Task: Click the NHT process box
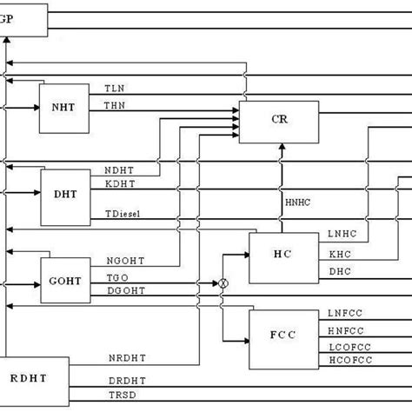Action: tap(62, 108)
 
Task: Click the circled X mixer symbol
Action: tap(223, 284)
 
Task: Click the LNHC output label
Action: tap(342, 235)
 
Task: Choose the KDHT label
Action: tap(119, 184)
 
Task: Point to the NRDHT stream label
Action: tap(123, 358)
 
